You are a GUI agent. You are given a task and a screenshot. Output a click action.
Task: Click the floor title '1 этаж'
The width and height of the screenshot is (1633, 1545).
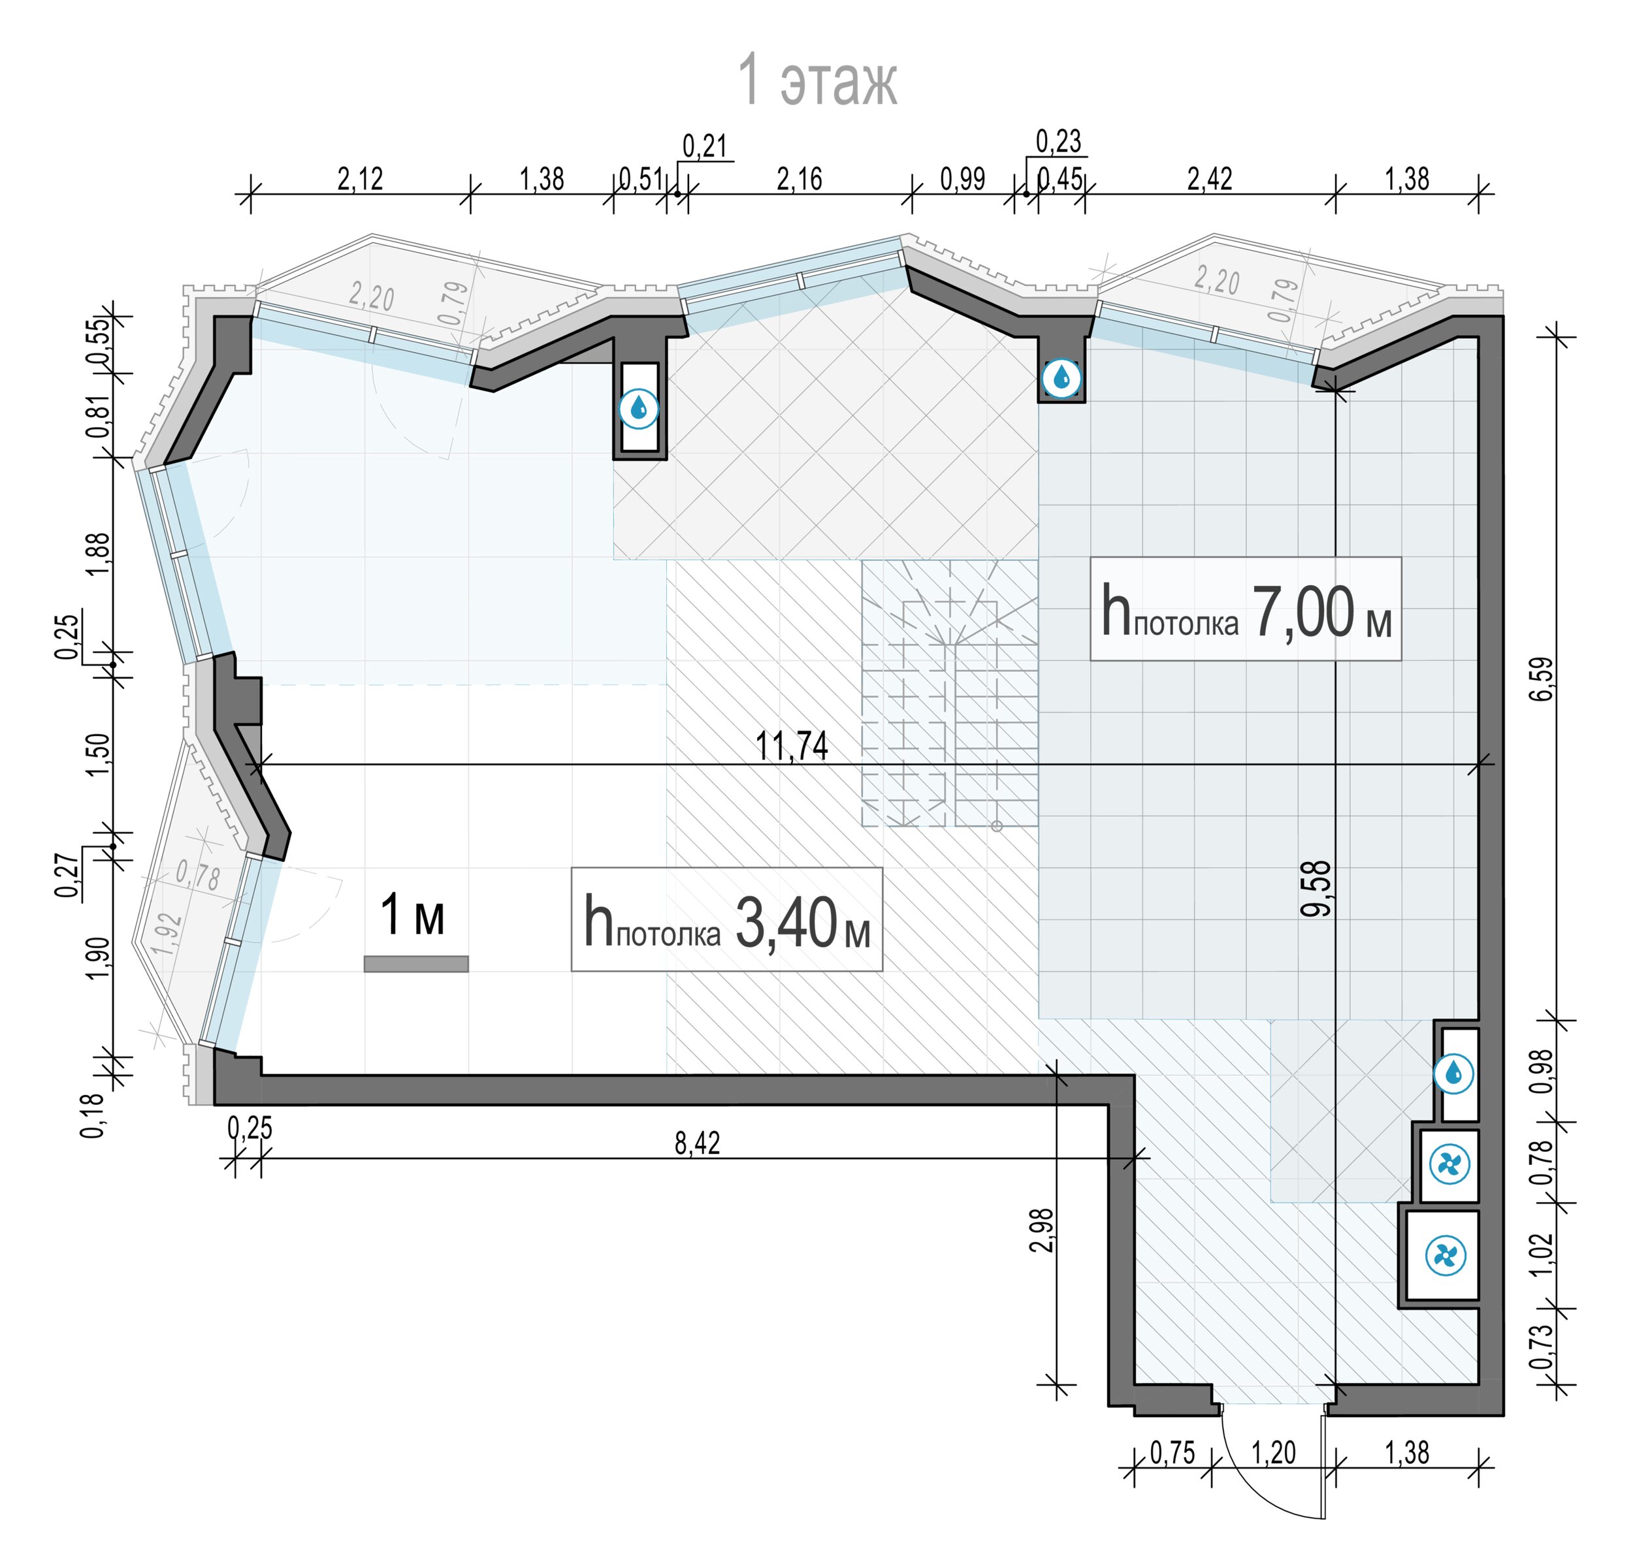(x=816, y=80)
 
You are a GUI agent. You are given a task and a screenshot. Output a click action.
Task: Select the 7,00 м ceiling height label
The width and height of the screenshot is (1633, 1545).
(x=1245, y=611)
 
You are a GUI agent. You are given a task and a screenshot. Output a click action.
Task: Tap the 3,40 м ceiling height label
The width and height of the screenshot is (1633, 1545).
(x=727, y=920)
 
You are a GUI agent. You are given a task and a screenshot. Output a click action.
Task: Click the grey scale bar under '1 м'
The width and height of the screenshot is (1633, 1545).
(x=416, y=964)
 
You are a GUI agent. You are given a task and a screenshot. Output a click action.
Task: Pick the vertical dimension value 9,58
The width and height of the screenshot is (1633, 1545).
(x=1316, y=888)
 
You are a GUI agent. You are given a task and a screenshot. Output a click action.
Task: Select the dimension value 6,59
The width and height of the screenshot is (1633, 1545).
(x=1541, y=678)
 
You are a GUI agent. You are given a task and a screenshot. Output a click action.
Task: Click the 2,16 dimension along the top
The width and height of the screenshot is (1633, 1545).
(x=800, y=179)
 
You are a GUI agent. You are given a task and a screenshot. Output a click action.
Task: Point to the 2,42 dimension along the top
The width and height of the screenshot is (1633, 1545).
(x=1210, y=179)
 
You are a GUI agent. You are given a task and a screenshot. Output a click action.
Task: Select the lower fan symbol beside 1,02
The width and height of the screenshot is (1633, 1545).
(x=1446, y=1255)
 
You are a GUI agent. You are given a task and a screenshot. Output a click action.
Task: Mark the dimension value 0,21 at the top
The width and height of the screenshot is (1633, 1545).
(x=704, y=146)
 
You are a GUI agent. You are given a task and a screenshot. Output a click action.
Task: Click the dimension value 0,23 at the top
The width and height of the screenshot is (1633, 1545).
(x=1058, y=142)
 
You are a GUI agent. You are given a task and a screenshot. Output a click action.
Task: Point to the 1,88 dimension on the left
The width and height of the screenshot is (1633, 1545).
(x=97, y=555)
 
